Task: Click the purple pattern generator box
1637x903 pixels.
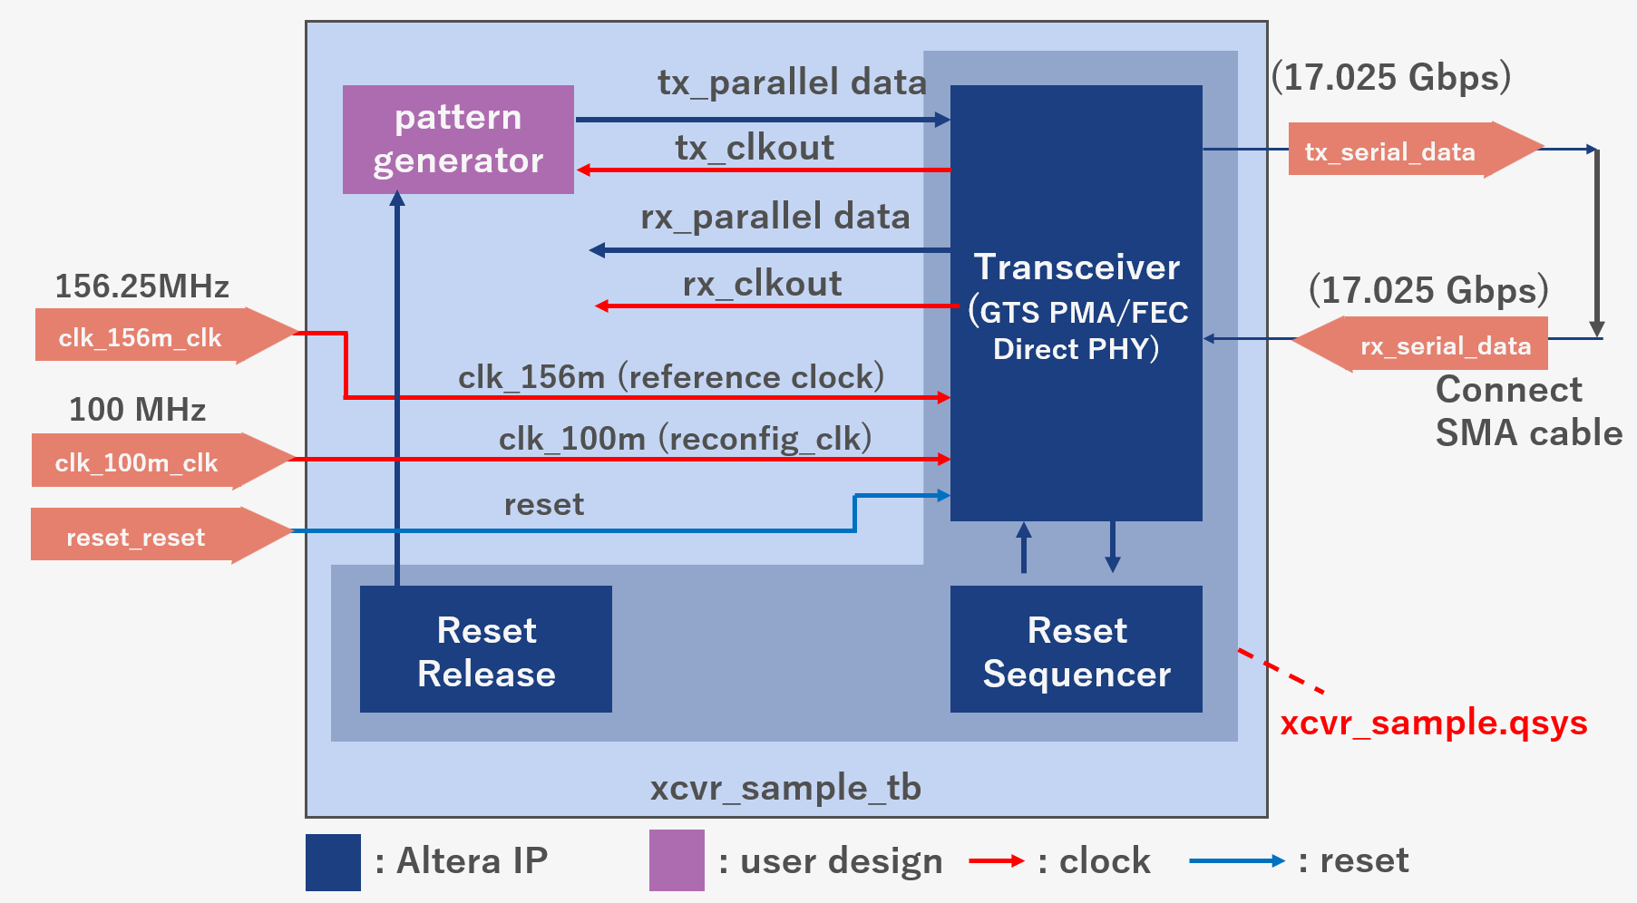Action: coord(458,139)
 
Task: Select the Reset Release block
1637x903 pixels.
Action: coord(485,649)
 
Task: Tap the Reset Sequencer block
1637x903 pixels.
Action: coord(1076,649)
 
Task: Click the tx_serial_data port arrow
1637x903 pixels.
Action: coord(1410,150)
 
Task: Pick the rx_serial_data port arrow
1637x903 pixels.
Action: coord(1424,345)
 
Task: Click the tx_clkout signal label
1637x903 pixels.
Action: coord(755,148)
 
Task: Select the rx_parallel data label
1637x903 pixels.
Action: coord(775,217)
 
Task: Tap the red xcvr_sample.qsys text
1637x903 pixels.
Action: coord(1433,723)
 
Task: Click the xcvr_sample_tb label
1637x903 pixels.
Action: coord(785,788)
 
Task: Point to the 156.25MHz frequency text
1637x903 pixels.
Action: coord(141,286)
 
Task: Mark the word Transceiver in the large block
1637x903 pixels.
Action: coord(1077,267)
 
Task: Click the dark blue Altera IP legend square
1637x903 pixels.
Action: coord(333,862)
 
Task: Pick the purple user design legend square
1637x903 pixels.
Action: coord(677,860)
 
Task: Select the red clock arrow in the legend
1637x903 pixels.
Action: coord(996,860)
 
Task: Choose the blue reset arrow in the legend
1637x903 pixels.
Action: coord(1236,860)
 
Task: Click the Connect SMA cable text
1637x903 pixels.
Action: coord(1527,411)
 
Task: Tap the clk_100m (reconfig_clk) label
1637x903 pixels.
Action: coord(685,439)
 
